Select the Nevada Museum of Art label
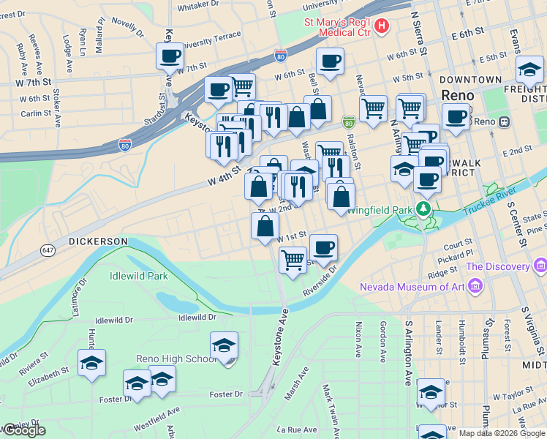pyautogui.click(x=412, y=286)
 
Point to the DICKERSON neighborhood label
pyautogui.click(x=98, y=241)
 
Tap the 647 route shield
pyautogui.click(x=48, y=250)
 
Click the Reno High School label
pyautogui.click(x=173, y=359)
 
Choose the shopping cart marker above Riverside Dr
pyautogui.click(x=293, y=260)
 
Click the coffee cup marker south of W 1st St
pyautogui.click(x=323, y=247)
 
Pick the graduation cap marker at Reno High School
pyautogui.click(x=224, y=346)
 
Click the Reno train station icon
pyautogui.click(x=503, y=122)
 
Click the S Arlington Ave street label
pyautogui.click(x=408, y=357)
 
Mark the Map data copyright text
pyautogui.click(x=501, y=433)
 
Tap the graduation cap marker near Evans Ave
pyautogui.click(x=529, y=70)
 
